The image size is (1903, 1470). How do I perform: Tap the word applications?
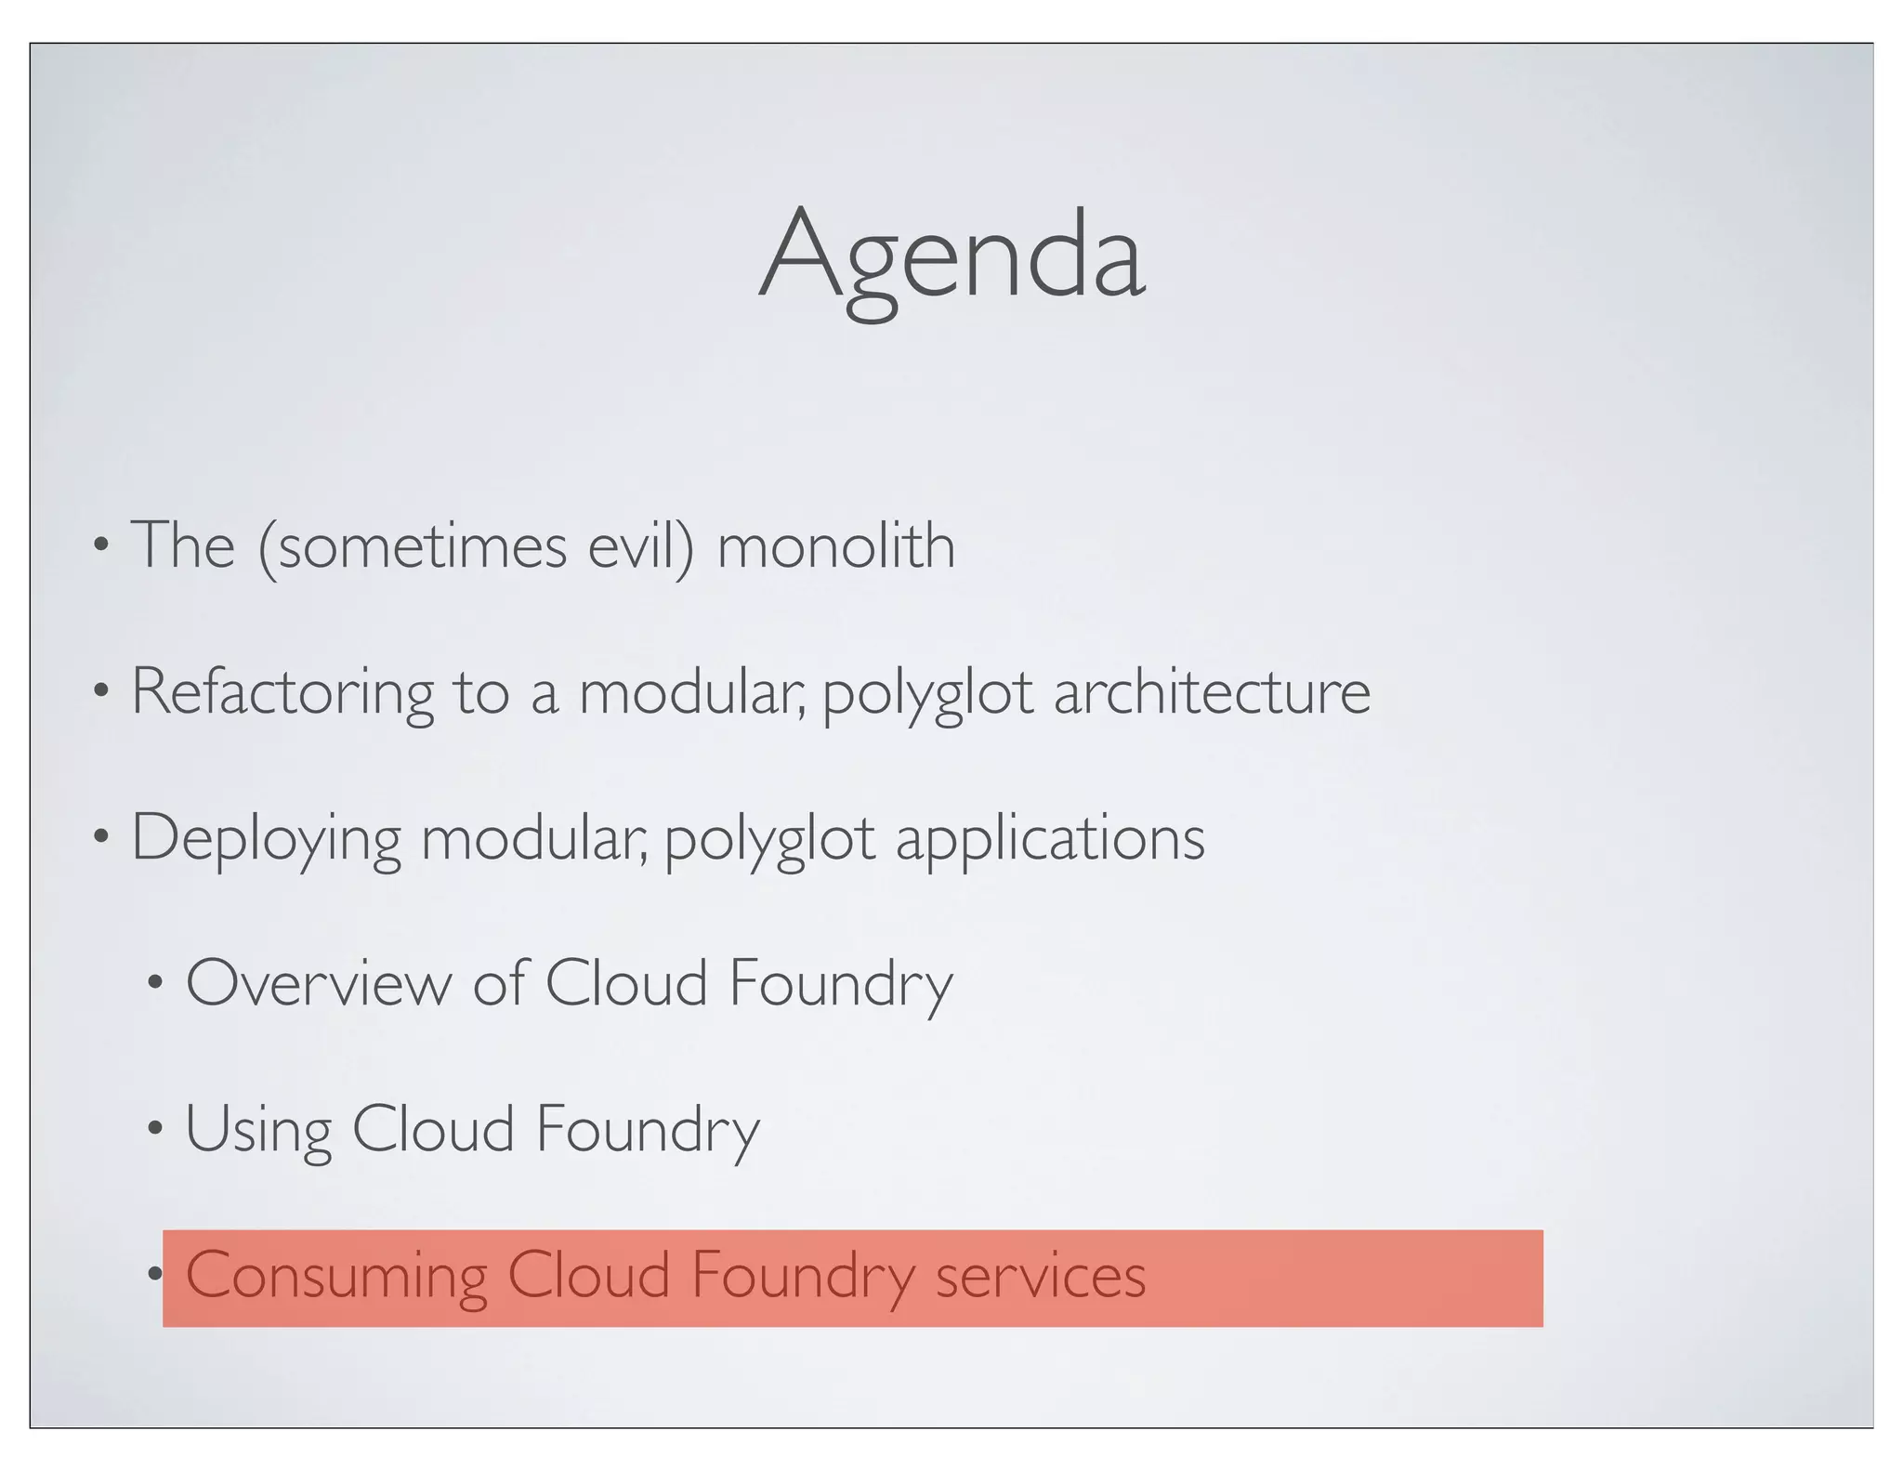pos(1050,839)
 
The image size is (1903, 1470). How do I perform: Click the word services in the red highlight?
pos(1040,1276)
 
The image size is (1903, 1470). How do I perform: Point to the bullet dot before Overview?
pos(155,982)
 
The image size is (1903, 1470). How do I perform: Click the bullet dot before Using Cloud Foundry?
pos(155,1128)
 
